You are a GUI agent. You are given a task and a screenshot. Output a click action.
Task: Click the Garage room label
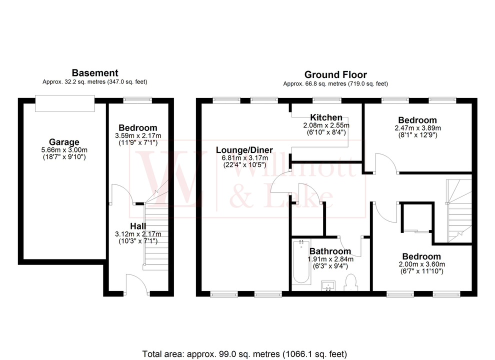click(63, 142)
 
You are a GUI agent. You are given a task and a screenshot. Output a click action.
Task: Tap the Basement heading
click(95, 73)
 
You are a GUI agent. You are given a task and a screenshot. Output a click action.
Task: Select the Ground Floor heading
click(335, 75)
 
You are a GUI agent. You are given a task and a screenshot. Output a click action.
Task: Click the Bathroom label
click(329, 251)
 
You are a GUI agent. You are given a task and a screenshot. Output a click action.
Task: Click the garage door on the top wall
click(64, 103)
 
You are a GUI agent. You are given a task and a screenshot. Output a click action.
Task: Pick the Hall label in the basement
click(137, 226)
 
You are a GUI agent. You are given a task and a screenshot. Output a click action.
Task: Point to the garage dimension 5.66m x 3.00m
click(64, 150)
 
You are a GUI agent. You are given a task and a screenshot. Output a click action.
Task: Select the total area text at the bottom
click(244, 353)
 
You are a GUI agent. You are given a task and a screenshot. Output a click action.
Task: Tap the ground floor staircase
click(459, 210)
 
